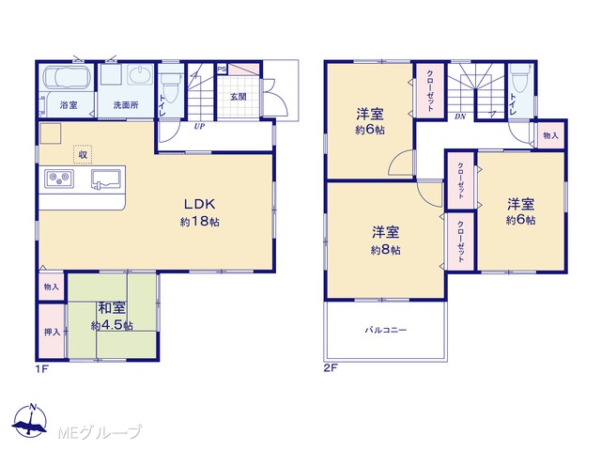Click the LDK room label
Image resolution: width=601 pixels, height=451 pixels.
tap(200, 204)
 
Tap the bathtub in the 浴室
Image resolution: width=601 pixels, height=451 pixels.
tap(67, 77)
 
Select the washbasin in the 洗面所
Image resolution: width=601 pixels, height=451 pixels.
tap(141, 74)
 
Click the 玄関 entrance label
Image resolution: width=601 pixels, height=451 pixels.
tap(238, 97)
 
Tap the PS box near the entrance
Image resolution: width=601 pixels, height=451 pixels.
tap(222, 70)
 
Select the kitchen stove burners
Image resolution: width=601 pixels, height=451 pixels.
tap(59, 179)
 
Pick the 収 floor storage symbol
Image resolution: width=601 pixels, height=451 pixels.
tap(83, 154)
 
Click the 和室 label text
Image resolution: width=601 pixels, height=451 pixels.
tap(112, 307)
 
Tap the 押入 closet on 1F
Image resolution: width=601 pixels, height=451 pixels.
tap(52, 332)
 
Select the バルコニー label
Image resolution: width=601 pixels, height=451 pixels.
tap(386, 330)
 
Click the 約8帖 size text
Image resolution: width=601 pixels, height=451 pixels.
tap(386, 250)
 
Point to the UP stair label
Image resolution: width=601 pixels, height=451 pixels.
tap(199, 126)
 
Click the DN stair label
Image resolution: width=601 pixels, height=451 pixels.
tap(460, 117)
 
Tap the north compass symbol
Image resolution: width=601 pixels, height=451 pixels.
tap(30, 420)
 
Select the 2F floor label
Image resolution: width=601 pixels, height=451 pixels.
tap(331, 368)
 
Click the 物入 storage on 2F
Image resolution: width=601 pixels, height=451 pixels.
tap(550, 135)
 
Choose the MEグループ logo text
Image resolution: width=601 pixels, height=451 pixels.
tap(100, 432)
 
